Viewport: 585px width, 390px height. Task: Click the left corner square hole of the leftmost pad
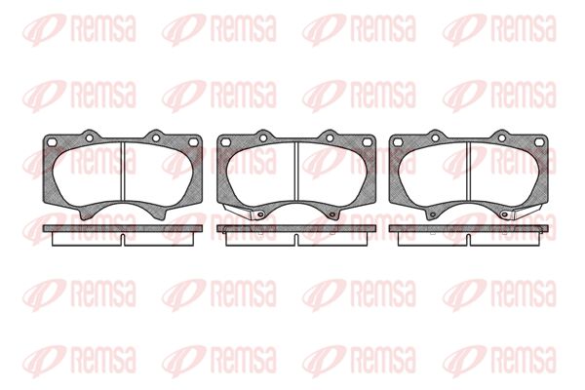[53, 141]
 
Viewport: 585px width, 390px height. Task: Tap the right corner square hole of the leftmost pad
[193, 141]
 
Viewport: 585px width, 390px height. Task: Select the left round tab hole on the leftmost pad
[89, 138]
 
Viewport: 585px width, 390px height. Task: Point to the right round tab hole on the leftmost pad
[156, 138]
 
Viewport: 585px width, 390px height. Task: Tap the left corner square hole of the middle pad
[225, 141]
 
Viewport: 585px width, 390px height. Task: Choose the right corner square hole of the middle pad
[367, 141]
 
